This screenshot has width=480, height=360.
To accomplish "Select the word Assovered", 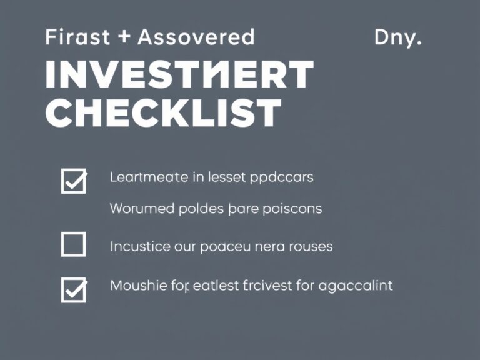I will (x=196, y=37).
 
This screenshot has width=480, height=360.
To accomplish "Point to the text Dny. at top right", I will (x=397, y=37).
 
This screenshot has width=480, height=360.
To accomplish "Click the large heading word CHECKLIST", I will (x=164, y=114).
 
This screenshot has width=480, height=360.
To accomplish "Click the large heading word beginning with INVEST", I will (x=179, y=76).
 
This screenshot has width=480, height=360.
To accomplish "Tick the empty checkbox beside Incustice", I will (x=73, y=244).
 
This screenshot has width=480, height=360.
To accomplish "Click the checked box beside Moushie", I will (x=74, y=289).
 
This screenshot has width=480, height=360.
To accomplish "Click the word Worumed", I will (x=142, y=209).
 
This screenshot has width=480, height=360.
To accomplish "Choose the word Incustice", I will (x=149, y=246).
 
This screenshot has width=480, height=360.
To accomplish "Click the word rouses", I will (x=311, y=246).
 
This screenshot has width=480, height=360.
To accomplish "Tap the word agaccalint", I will (x=356, y=286).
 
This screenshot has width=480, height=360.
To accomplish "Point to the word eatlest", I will (x=216, y=286).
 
